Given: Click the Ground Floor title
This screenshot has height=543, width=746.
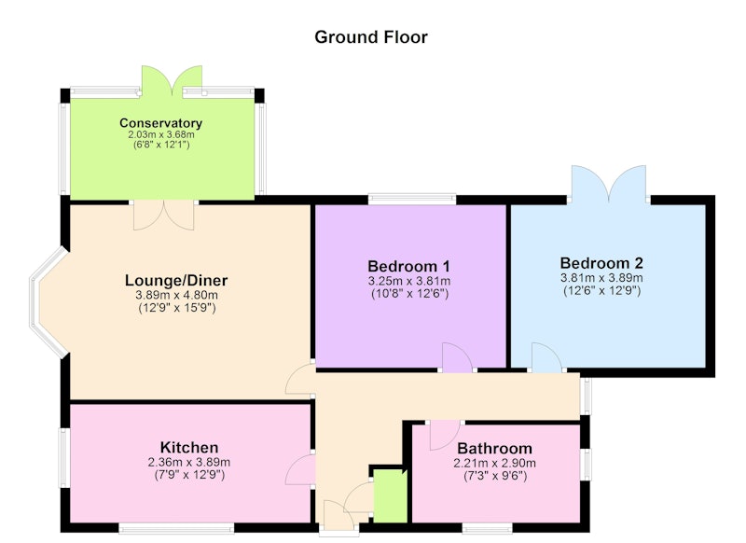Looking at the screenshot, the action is (371, 37).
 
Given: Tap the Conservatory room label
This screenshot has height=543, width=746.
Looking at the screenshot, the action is (160, 123).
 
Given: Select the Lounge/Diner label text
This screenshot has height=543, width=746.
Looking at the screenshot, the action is (176, 280).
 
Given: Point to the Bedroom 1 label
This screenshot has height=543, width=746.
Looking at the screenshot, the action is (408, 266).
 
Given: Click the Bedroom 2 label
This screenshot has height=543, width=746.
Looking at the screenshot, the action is (601, 263).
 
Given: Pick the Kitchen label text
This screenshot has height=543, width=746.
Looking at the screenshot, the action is (189, 447).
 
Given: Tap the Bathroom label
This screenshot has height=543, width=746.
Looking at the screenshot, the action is (495, 448).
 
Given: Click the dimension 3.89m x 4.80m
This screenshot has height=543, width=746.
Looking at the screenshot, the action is (176, 295).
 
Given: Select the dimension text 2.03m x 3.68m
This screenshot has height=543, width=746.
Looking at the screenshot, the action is (161, 134).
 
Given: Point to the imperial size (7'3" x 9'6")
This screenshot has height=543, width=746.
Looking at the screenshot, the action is (495, 476).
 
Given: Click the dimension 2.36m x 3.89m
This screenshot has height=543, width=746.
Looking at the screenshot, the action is (189, 462).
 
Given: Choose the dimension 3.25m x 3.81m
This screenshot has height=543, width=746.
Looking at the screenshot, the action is (409, 281).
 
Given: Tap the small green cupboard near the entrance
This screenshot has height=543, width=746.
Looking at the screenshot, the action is (390, 496).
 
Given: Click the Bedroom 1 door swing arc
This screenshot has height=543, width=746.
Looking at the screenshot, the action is (457, 357).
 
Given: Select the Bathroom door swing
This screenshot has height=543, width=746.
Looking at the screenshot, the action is (445, 436).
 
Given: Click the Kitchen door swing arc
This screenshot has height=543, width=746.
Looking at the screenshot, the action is (300, 469).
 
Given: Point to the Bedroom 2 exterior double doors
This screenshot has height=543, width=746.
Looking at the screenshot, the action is (609, 183).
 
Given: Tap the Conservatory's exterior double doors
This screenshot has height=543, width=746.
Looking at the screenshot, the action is (173, 81).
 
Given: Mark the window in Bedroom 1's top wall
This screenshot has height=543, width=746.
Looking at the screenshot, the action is (412, 198).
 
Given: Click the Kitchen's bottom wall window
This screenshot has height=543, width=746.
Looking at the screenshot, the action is (176, 528).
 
